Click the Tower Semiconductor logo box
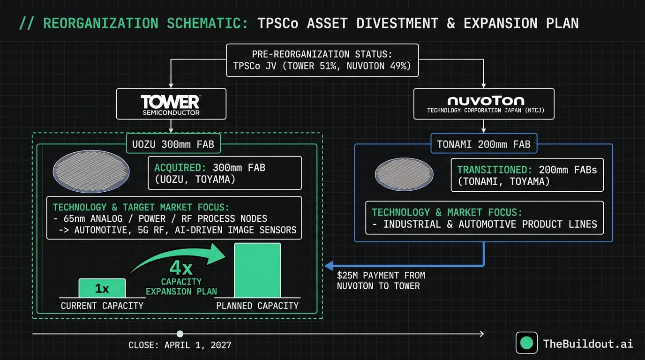tap(171, 104)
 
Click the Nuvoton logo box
tap(484, 104)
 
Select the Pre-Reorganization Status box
tap(322, 60)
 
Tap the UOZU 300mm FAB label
tap(173, 144)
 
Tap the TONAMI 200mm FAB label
tap(484, 144)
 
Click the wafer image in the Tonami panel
tap(404, 174)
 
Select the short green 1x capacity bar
tap(102, 288)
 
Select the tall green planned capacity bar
tap(257, 270)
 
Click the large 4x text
tap(181, 268)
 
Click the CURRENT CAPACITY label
tap(102, 306)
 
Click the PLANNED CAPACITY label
tap(257, 306)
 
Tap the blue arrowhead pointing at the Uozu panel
tap(329, 265)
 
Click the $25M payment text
tap(381, 280)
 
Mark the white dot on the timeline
tap(180, 334)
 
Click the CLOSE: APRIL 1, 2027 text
tap(180, 345)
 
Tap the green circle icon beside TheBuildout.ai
tap(526, 343)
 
